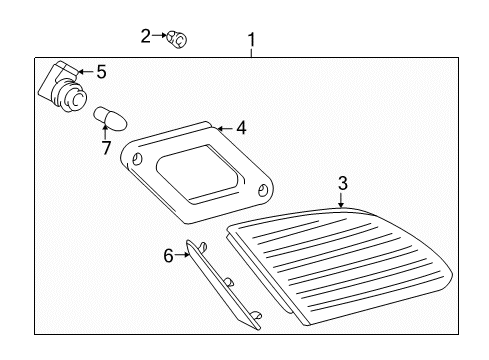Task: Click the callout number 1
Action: coord(251,40)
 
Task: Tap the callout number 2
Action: coord(146,36)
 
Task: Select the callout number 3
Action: coord(342,183)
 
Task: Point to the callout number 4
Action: coord(240,128)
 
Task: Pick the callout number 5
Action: coord(100,71)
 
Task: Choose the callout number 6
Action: coord(169,256)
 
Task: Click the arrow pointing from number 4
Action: coord(224,128)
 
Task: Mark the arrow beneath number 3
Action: coord(342,200)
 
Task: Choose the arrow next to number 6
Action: coord(184,256)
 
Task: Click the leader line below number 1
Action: coord(251,52)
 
